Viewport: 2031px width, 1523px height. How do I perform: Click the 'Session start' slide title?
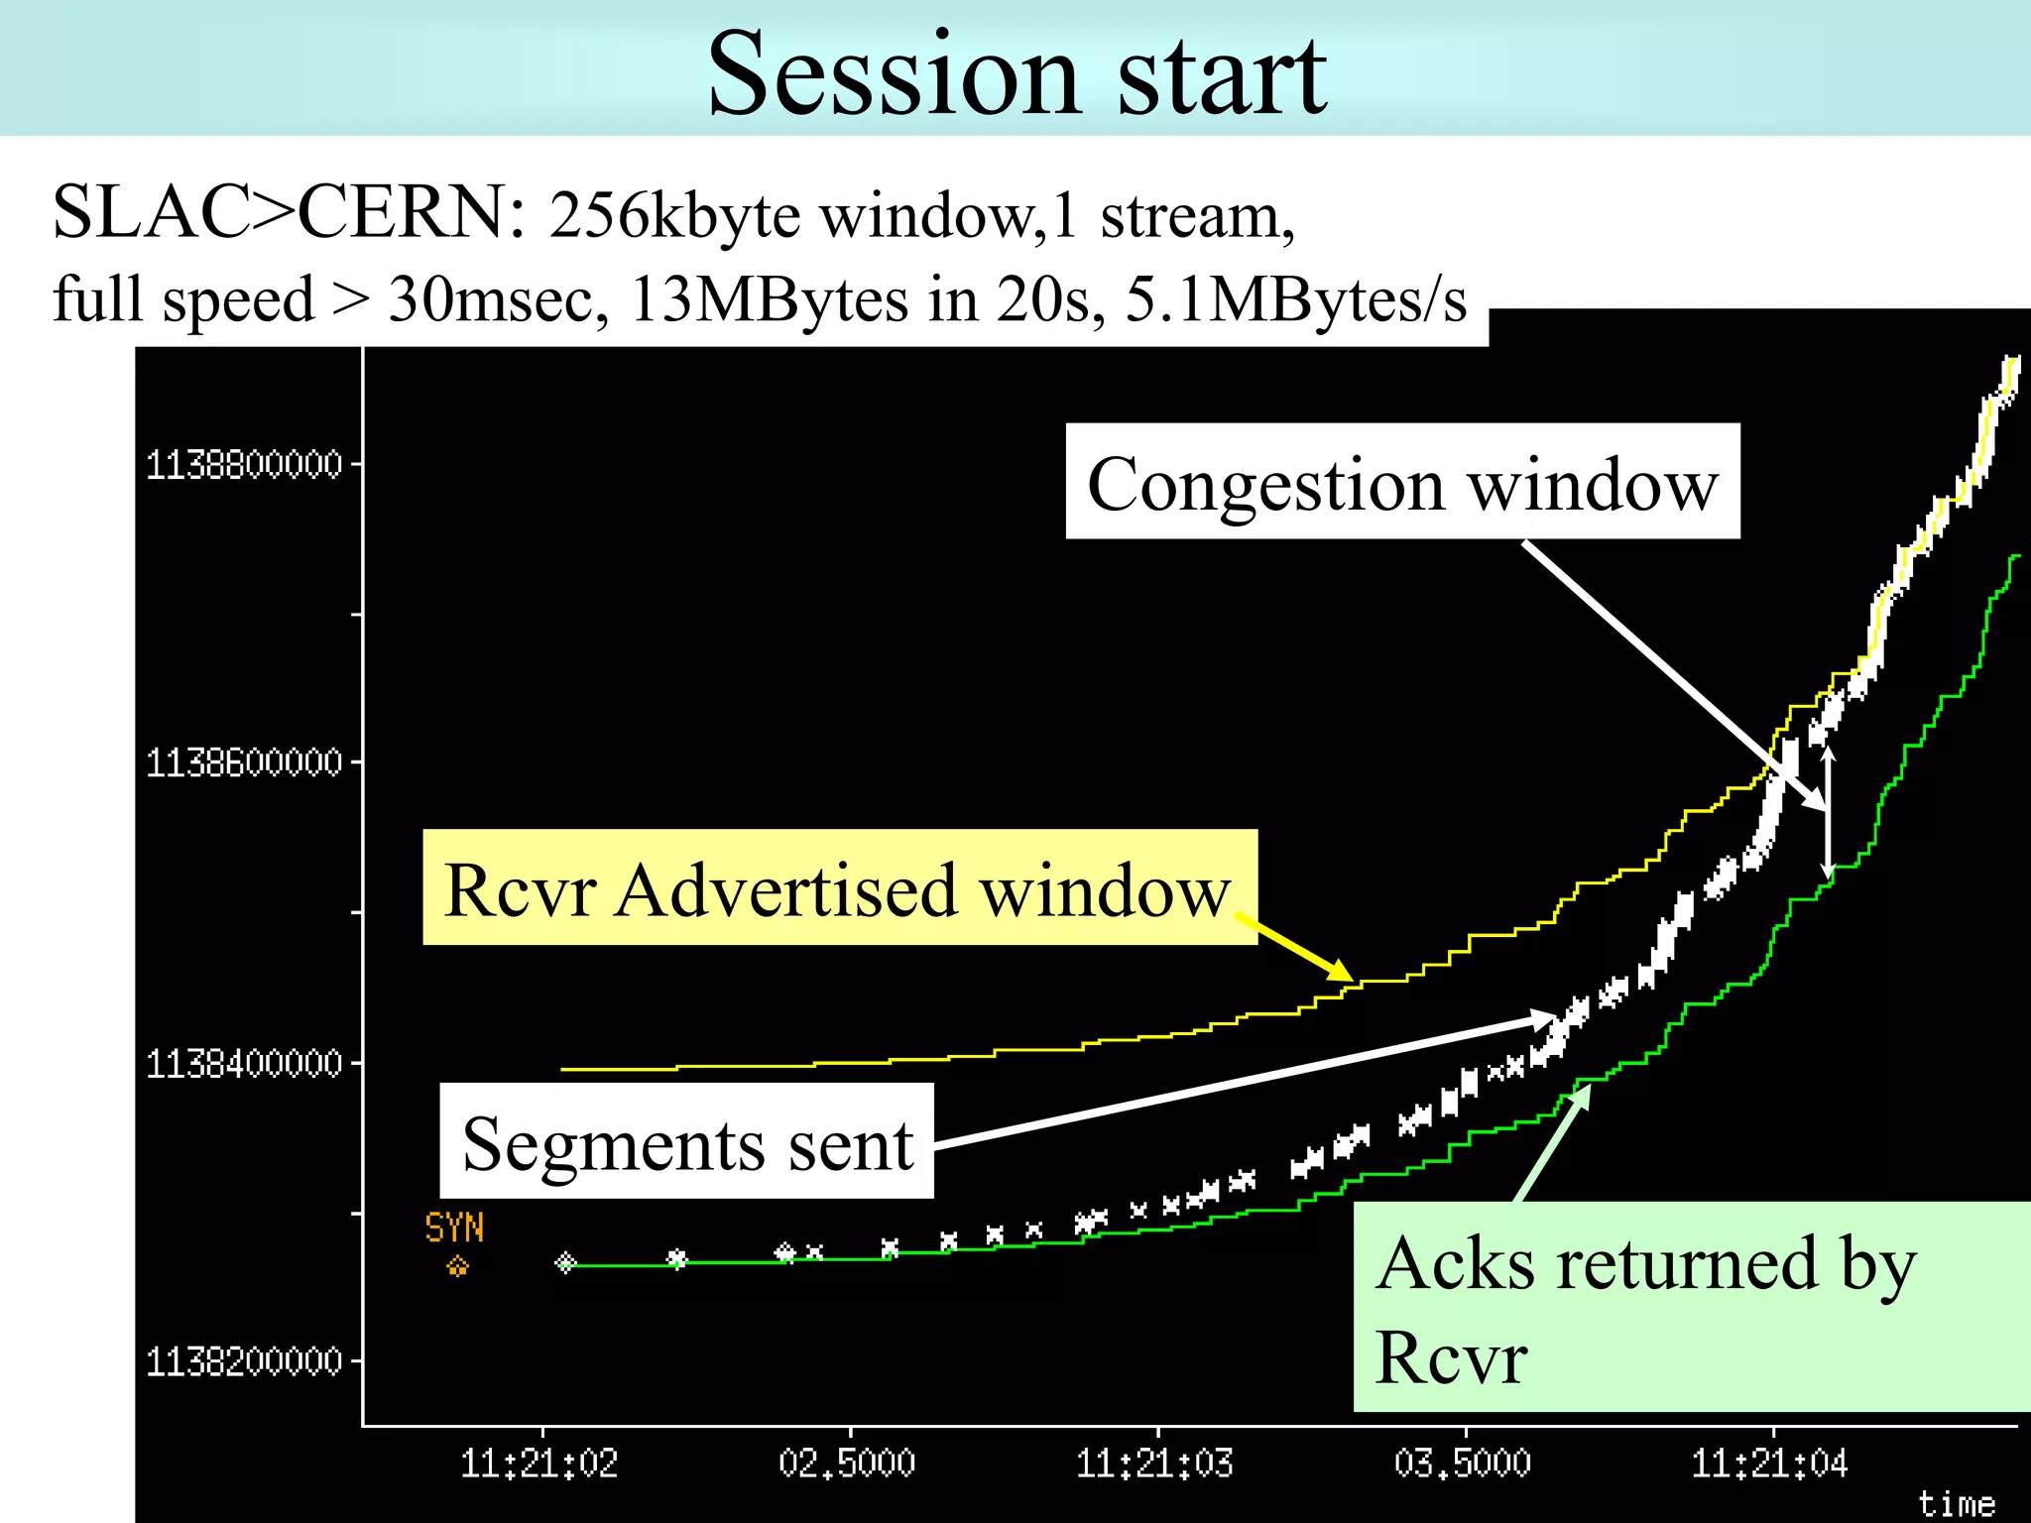point(1016,74)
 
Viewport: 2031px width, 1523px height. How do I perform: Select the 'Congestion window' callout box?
point(1402,482)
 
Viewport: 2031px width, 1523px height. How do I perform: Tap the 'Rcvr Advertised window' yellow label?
point(839,887)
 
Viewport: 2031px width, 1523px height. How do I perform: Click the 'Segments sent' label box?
point(686,1141)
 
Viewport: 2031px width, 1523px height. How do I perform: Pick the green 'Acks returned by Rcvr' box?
point(1690,1307)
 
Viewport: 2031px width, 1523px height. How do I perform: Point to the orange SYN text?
point(454,1229)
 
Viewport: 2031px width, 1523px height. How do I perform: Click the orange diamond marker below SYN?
point(457,1266)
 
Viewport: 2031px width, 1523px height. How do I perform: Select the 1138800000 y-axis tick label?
point(244,464)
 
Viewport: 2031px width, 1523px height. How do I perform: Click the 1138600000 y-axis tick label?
point(244,763)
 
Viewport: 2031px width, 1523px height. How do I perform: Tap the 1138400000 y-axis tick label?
point(244,1064)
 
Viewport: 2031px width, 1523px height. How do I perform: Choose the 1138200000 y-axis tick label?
point(244,1362)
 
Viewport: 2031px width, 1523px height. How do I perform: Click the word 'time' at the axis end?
point(1956,1504)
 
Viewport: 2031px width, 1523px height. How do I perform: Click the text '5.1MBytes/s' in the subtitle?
point(1295,299)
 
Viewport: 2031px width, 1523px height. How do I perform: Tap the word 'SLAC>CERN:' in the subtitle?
point(289,212)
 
